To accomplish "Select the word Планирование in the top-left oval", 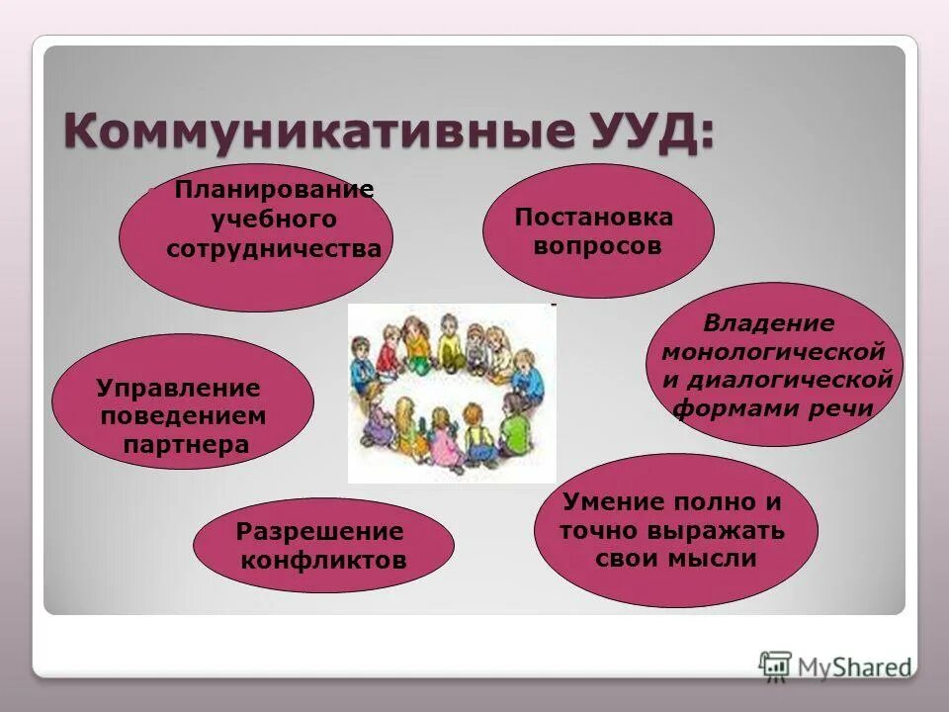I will [x=274, y=190].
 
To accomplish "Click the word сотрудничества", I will [x=274, y=248].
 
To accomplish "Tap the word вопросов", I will [x=597, y=245].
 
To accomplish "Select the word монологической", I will [x=773, y=352].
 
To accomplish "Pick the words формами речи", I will [x=773, y=409].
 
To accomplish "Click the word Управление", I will [x=178, y=388].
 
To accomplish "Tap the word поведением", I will [x=183, y=415].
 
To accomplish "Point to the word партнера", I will [x=186, y=444].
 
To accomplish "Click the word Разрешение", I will [x=319, y=532].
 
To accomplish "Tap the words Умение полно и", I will [x=671, y=500].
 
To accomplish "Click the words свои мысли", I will [x=676, y=559].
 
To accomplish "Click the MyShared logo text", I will [x=855, y=667].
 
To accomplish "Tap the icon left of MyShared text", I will [x=776, y=666].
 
